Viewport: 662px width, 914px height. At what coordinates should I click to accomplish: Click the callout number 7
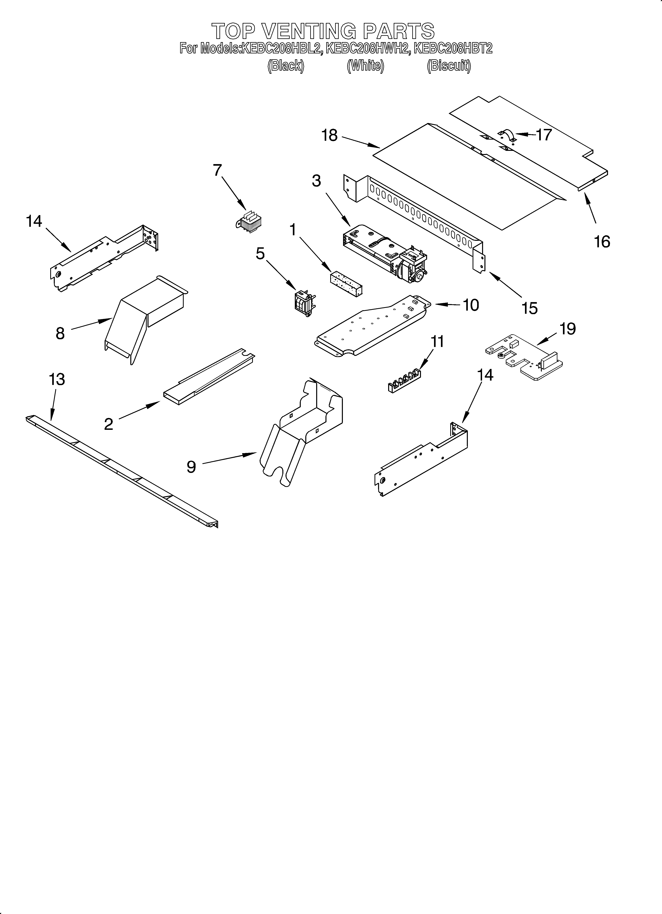point(217,170)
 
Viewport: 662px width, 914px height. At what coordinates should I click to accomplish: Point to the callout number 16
point(602,242)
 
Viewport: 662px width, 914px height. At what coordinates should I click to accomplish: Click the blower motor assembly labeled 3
point(385,254)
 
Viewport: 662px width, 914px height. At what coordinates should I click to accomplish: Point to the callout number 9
point(191,467)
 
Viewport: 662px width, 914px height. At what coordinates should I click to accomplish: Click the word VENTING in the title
point(309,31)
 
